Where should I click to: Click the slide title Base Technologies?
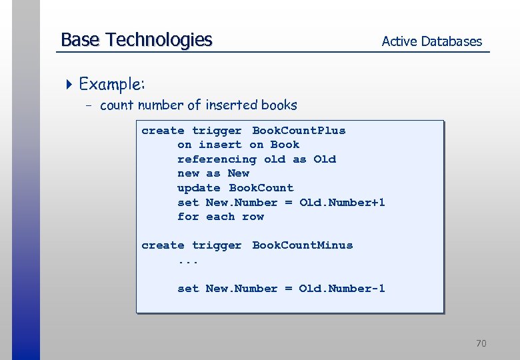pos(136,40)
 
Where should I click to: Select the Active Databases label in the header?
pos(431,41)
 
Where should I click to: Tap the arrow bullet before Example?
pos(71,85)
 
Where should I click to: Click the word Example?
pos(111,85)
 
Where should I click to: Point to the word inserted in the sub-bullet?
pos(231,105)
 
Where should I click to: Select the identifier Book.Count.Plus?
pos(299,131)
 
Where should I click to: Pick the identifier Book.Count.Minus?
pos(302,245)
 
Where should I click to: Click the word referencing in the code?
pos(217,159)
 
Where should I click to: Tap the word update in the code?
pos(199,188)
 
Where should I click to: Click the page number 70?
pos(481,343)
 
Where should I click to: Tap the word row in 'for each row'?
pos(253,217)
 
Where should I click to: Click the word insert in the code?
pos(220,145)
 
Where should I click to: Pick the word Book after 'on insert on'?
pos(285,145)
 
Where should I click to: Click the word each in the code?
pos(220,217)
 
